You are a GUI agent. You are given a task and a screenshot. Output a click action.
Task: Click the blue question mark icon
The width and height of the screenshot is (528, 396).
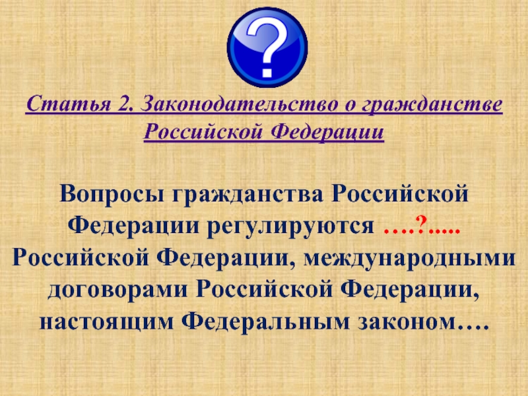point(267,48)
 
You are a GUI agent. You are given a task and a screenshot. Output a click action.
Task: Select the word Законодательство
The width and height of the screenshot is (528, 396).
point(238,104)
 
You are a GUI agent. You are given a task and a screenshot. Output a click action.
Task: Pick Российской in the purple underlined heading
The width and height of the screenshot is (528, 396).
point(203,131)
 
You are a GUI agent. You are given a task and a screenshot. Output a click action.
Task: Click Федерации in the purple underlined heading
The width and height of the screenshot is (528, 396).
point(327,131)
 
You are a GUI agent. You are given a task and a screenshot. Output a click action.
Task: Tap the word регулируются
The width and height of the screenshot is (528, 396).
point(290,226)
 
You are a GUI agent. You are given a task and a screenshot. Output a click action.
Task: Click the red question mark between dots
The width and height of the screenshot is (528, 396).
point(421,224)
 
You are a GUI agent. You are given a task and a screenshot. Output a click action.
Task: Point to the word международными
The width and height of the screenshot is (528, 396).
point(409,259)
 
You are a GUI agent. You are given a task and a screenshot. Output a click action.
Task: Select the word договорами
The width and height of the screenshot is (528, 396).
point(117,290)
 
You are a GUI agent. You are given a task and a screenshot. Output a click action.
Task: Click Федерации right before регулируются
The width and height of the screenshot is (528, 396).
point(133,226)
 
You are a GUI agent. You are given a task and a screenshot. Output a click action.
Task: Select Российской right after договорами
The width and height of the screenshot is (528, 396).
point(264,290)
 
